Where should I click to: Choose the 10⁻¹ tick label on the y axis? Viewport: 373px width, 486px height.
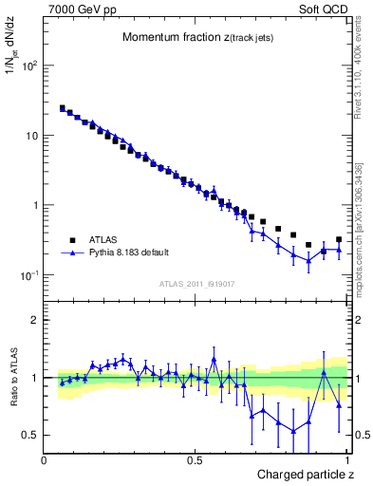coord(28,275)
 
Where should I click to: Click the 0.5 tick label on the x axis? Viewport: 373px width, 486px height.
coord(195,459)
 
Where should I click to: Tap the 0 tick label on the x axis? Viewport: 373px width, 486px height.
coord(45,459)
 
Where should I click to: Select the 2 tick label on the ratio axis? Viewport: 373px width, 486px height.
coord(35,320)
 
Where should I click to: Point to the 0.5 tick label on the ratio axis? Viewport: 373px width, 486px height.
coord(30,435)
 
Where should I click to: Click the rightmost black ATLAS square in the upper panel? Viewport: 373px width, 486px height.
coord(339,240)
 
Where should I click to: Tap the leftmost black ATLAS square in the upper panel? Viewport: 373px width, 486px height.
coord(63,108)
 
